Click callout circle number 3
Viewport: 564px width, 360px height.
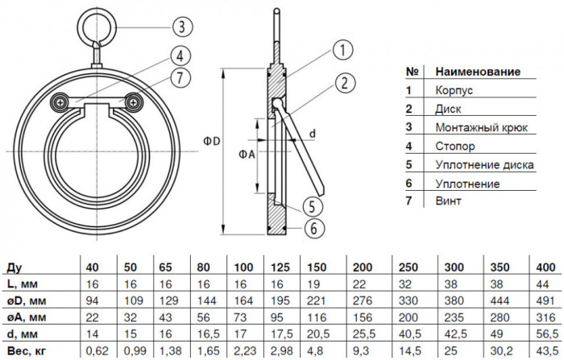[182, 27]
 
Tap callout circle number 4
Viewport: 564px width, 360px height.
[180, 56]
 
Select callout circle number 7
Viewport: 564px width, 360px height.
[180, 77]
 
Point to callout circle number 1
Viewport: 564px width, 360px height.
[342, 50]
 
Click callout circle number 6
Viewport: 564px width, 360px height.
[314, 228]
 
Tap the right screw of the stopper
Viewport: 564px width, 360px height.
[134, 102]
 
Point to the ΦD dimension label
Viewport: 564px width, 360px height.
[211, 141]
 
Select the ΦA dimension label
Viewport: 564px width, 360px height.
[247, 155]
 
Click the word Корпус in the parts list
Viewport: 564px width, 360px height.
[454, 90]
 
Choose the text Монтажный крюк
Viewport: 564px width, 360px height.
[481, 128]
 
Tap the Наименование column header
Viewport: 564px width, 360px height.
[478, 72]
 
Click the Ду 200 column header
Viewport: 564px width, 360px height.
[363, 267]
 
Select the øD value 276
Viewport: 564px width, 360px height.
[363, 300]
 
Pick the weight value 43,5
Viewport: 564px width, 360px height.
[547, 350]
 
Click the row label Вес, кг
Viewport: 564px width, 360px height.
[27, 350]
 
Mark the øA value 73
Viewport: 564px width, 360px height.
[239, 317]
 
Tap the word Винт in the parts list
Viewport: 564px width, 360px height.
[448, 201]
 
